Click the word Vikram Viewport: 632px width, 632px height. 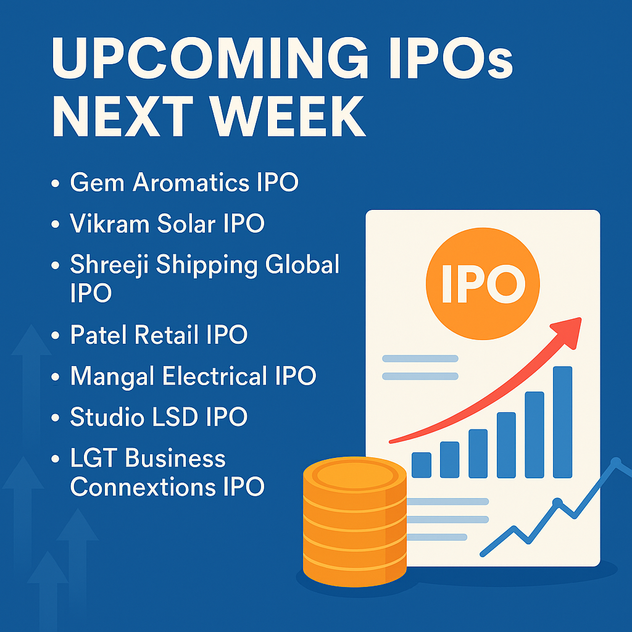109,223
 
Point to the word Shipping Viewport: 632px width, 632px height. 207,266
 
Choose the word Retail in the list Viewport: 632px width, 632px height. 167,335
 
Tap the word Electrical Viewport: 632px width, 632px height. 215,376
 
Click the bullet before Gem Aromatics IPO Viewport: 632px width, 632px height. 56,183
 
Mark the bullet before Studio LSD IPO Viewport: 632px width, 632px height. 56,418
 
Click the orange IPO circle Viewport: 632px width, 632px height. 483,283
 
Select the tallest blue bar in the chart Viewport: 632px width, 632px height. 563,422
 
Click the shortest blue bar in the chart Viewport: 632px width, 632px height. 422,465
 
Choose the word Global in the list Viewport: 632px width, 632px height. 302,264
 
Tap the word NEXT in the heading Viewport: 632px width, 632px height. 123,117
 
